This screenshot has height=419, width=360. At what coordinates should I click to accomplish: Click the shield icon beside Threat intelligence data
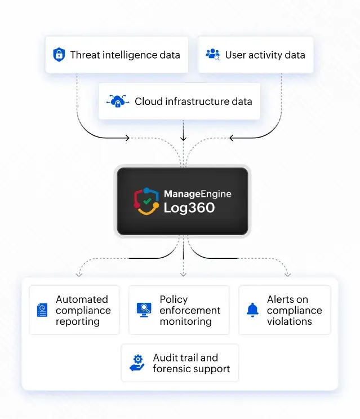59,55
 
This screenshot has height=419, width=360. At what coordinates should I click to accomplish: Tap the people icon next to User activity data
213,55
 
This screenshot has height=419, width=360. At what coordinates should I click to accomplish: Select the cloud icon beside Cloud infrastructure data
118,102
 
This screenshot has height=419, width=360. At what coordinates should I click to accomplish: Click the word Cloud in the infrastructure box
148,102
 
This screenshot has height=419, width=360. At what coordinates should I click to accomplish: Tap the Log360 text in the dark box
189,208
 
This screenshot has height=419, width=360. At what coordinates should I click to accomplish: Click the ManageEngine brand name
197,194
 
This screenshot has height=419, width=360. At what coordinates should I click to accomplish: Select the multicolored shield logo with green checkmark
146,201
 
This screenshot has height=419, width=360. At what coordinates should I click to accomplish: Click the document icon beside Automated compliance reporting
42,310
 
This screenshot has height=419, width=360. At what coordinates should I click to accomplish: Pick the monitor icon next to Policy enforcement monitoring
144,310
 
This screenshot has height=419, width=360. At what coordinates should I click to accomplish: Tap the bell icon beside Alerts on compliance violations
252,310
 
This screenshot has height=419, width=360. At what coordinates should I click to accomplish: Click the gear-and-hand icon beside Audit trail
137,363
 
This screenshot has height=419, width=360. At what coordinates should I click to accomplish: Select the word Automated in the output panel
82,299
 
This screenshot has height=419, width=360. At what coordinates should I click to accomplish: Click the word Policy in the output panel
174,299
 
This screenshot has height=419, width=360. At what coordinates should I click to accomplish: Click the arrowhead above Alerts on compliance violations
287,274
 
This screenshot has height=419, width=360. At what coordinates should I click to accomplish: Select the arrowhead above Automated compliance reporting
79,274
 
